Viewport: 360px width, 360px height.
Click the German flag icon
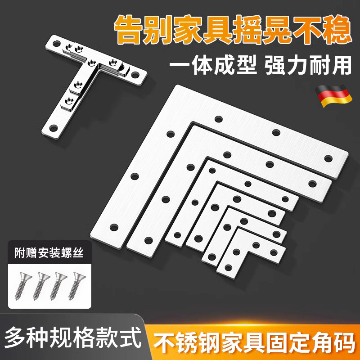pyautogui.click(x=335, y=95)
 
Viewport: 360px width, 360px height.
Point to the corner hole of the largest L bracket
pyautogui.click(x=219, y=119)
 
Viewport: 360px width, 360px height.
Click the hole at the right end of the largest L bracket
pyautogui.click(x=328, y=158)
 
